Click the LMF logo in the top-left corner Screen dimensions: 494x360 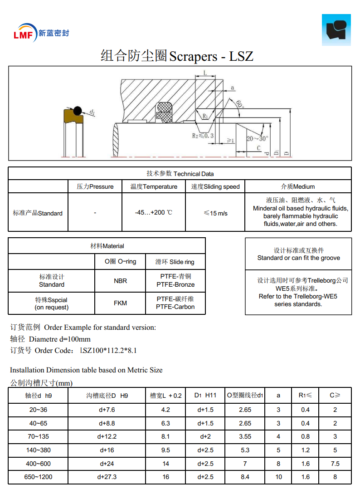pyautogui.click(x=24, y=33)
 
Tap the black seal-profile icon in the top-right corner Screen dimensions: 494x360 pyautogui.click(x=336, y=30)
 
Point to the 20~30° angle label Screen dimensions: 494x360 pyautogui.click(x=257, y=138)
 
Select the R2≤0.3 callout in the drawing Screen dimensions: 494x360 pyautogui.click(x=202, y=136)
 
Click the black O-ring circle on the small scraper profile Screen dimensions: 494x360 pyautogui.click(x=78, y=110)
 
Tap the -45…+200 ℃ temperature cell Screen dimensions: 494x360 pyautogui.click(x=154, y=212)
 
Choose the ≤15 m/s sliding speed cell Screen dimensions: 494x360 pyautogui.click(x=215, y=212)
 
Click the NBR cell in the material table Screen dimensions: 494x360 pyautogui.click(x=120, y=281)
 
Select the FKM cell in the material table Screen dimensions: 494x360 pyautogui.click(x=120, y=303)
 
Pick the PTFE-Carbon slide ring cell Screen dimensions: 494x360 pyautogui.click(x=175, y=303)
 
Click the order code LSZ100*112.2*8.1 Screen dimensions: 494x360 pyautogui.click(x=108, y=350)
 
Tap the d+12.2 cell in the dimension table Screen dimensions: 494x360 pyautogui.click(x=107, y=436)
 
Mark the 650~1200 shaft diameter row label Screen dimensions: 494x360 pyautogui.click(x=38, y=477)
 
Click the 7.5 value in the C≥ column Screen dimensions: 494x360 pyautogui.click(x=335, y=464)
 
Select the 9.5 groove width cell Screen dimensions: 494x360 pyautogui.click(x=165, y=450)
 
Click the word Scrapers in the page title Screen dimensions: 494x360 pyautogui.click(x=193, y=56)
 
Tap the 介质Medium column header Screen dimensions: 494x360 pyautogui.click(x=298, y=186)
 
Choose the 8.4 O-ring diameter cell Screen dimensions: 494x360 pyautogui.click(x=245, y=477)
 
